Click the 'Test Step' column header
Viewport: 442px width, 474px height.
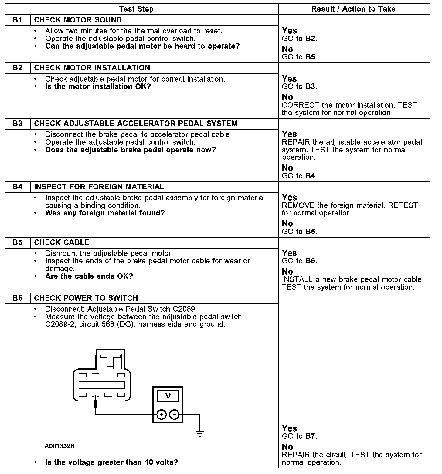tap(136, 9)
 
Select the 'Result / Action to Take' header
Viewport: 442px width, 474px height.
tap(353, 9)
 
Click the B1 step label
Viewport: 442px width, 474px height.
tap(18, 20)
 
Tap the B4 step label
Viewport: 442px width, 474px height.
tap(18, 187)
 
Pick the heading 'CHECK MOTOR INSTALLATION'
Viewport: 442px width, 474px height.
tap(92, 68)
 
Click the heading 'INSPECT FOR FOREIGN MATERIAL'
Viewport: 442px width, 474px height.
tap(99, 187)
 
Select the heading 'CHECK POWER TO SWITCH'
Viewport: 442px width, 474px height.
tap(86, 298)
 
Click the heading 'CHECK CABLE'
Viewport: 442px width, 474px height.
tap(62, 242)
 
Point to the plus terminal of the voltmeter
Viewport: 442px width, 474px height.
tap(161, 414)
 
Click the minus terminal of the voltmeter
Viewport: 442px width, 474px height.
tap(174, 414)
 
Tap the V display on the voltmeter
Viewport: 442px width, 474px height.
tap(168, 396)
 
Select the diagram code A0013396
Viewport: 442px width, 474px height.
tap(59, 446)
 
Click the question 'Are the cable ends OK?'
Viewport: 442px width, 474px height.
tap(89, 276)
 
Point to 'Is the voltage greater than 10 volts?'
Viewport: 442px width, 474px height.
tap(111, 462)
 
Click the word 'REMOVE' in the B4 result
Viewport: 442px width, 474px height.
tap(298, 205)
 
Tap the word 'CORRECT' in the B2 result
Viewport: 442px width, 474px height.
tap(301, 105)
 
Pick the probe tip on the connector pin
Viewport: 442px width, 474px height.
tap(96, 401)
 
